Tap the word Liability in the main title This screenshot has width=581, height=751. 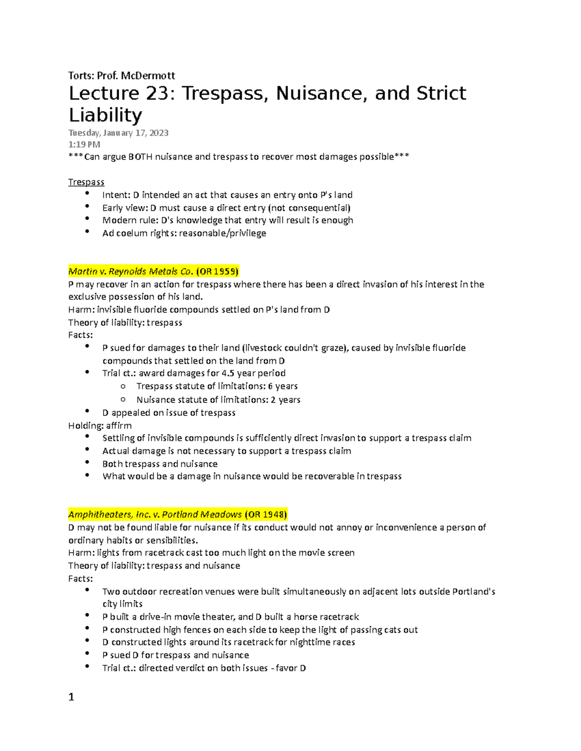pyautogui.click(x=105, y=115)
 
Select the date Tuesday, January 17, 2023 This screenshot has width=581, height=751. pyautogui.click(x=118, y=133)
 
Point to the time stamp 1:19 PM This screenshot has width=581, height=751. pyautogui.click(x=84, y=144)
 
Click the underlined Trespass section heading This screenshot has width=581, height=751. pyautogui.click(x=86, y=182)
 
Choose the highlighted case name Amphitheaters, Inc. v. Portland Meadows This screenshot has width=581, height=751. pyautogui.click(x=155, y=514)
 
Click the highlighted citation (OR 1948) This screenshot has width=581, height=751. pyautogui.click(x=266, y=514)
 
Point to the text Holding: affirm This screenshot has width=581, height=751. pyautogui.click(x=100, y=426)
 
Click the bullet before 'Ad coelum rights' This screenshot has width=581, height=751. pyautogui.click(x=87, y=232)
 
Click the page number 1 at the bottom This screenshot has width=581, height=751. pyautogui.click(x=71, y=697)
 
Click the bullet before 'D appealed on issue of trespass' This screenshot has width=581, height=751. pyautogui.click(x=87, y=412)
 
